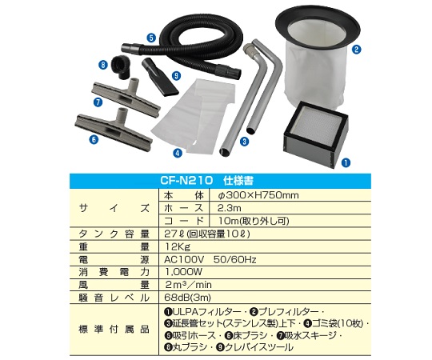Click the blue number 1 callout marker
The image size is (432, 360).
346,162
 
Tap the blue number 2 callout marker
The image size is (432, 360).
357,50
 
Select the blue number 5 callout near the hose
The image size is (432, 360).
151,38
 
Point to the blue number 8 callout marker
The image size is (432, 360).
103,65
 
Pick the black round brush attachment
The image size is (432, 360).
121,66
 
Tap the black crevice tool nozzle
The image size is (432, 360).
160,77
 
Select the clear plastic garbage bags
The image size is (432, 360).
194,116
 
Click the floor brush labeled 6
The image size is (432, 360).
114,128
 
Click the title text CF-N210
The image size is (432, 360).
187,181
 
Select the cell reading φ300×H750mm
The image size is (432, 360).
258,195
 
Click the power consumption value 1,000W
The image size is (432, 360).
183,272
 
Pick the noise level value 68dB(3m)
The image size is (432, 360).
188,298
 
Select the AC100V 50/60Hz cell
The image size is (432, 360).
210,259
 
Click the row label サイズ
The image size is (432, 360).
114,208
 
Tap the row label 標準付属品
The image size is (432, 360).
114,329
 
